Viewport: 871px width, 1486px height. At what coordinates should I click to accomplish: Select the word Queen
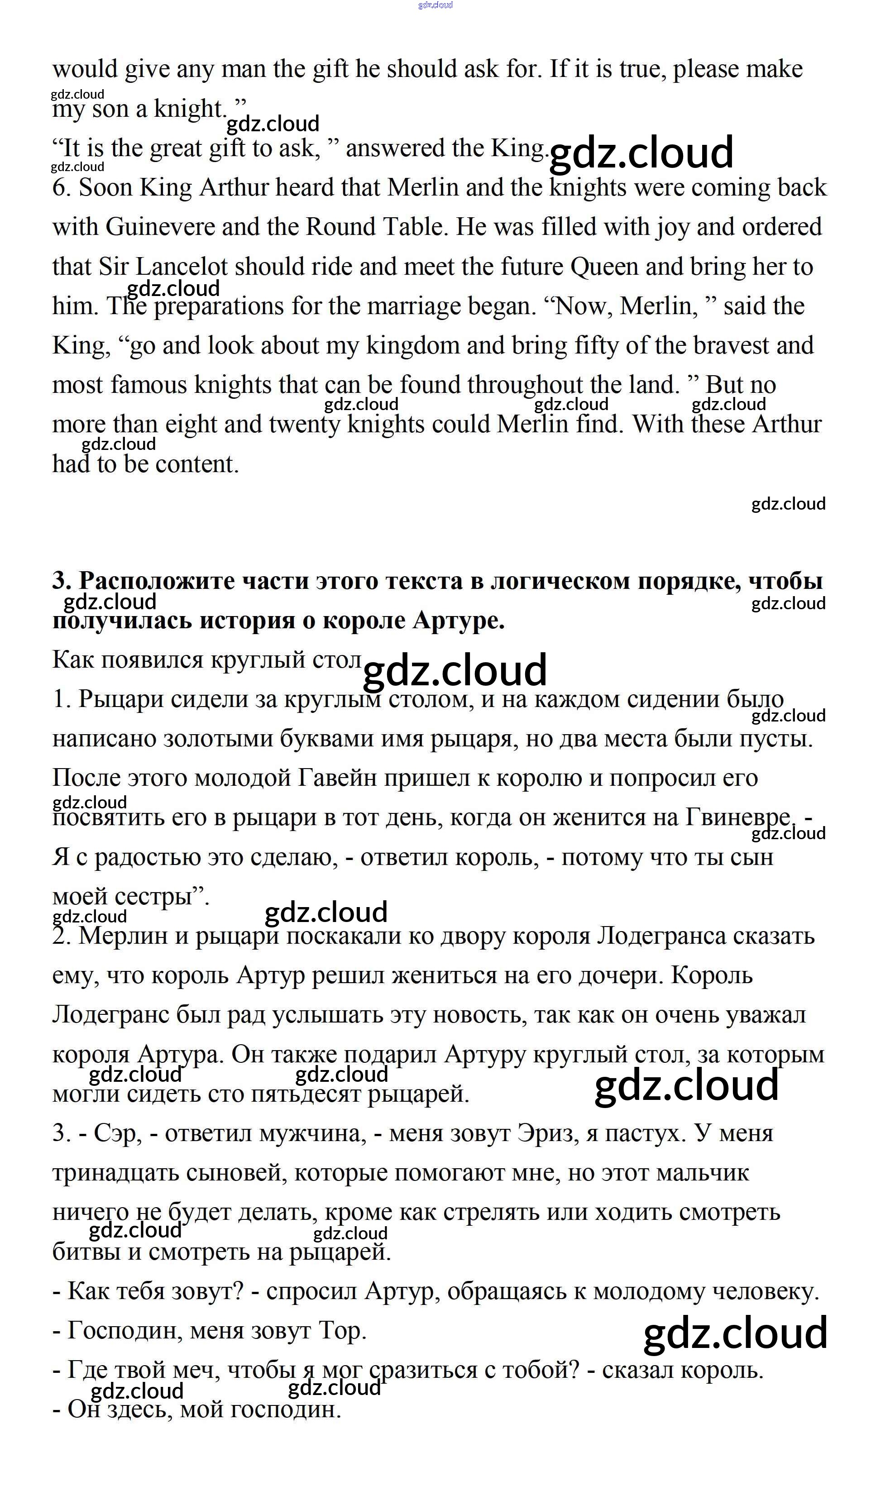click(x=604, y=267)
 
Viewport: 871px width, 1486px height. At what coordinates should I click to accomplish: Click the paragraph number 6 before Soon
click(x=61, y=187)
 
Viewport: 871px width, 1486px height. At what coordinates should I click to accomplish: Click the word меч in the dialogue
click(x=195, y=1371)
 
